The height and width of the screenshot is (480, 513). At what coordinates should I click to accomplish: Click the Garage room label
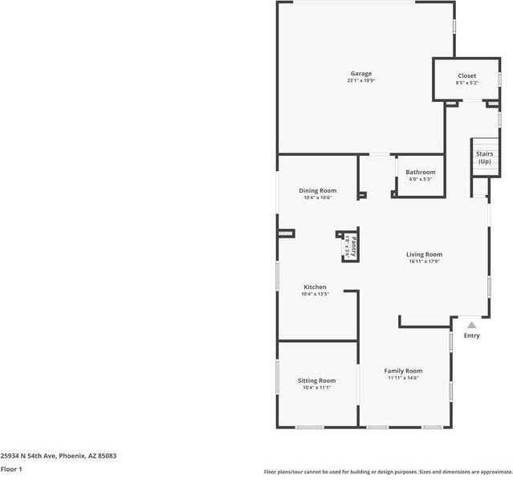pos(360,74)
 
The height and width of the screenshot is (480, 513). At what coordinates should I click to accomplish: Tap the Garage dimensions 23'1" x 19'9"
pos(360,81)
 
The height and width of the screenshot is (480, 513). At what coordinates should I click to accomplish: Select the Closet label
pos(466,76)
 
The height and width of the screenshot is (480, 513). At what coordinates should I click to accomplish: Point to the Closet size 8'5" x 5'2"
pos(466,83)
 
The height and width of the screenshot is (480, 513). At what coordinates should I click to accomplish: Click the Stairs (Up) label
pos(484,157)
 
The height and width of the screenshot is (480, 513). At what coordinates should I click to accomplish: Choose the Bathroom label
pos(420,173)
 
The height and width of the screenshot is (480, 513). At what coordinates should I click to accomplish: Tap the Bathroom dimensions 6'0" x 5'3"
pos(420,179)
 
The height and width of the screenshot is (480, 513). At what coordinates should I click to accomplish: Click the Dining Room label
pos(317,190)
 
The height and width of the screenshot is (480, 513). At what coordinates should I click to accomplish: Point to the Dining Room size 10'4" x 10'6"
pos(317,197)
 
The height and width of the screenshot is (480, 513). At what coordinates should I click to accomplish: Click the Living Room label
pos(425,254)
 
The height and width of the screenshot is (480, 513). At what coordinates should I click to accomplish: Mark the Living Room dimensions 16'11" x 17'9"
pos(425,262)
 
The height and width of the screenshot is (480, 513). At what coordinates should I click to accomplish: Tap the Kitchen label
pos(315,287)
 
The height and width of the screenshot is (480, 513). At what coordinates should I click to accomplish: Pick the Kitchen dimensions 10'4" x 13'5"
pos(315,294)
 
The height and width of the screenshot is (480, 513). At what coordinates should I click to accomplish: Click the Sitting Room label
pos(316,380)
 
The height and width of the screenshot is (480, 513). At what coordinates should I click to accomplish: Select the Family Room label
pos(403,371)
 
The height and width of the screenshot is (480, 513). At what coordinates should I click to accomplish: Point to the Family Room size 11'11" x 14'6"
pos(403,378)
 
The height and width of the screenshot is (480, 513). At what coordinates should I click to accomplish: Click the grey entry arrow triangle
pos(471,325)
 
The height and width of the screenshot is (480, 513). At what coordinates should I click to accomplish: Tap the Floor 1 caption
pos(11,469)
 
